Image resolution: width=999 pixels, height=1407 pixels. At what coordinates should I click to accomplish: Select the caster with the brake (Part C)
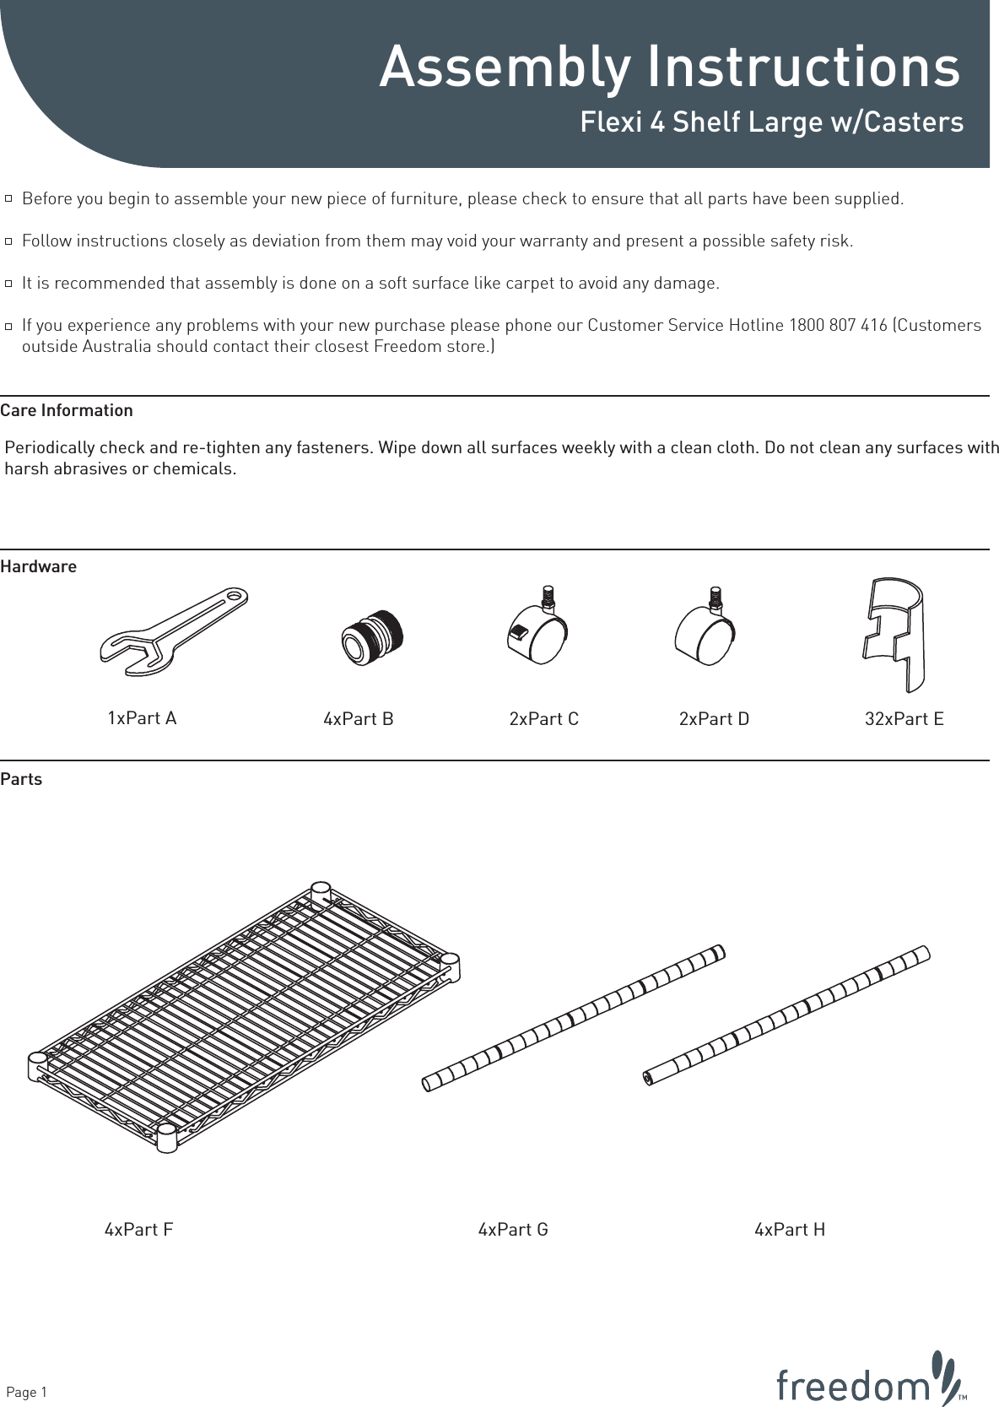(537, 634)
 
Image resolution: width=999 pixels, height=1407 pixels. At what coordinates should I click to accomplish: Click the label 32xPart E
(904, 719)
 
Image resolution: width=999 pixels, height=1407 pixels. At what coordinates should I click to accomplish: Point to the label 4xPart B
(359, 719)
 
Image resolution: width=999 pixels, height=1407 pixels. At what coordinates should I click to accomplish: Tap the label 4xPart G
(513, 1230)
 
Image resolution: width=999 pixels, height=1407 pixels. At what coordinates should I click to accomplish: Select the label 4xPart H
(790, 1230)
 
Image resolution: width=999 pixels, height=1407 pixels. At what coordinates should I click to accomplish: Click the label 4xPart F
(138, 1230)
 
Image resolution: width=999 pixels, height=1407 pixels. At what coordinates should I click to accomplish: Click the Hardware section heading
(39, 567)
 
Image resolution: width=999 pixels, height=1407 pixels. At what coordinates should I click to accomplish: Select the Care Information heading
(67, 411)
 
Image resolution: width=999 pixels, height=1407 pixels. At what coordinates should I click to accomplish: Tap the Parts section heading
(21, 780)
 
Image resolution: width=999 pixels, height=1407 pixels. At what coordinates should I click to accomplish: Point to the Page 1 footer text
(27, 1392)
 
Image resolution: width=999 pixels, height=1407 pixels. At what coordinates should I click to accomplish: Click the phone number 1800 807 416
(837, 326)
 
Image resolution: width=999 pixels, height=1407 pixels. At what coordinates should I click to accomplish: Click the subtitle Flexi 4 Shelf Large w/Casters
(771, 122)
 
